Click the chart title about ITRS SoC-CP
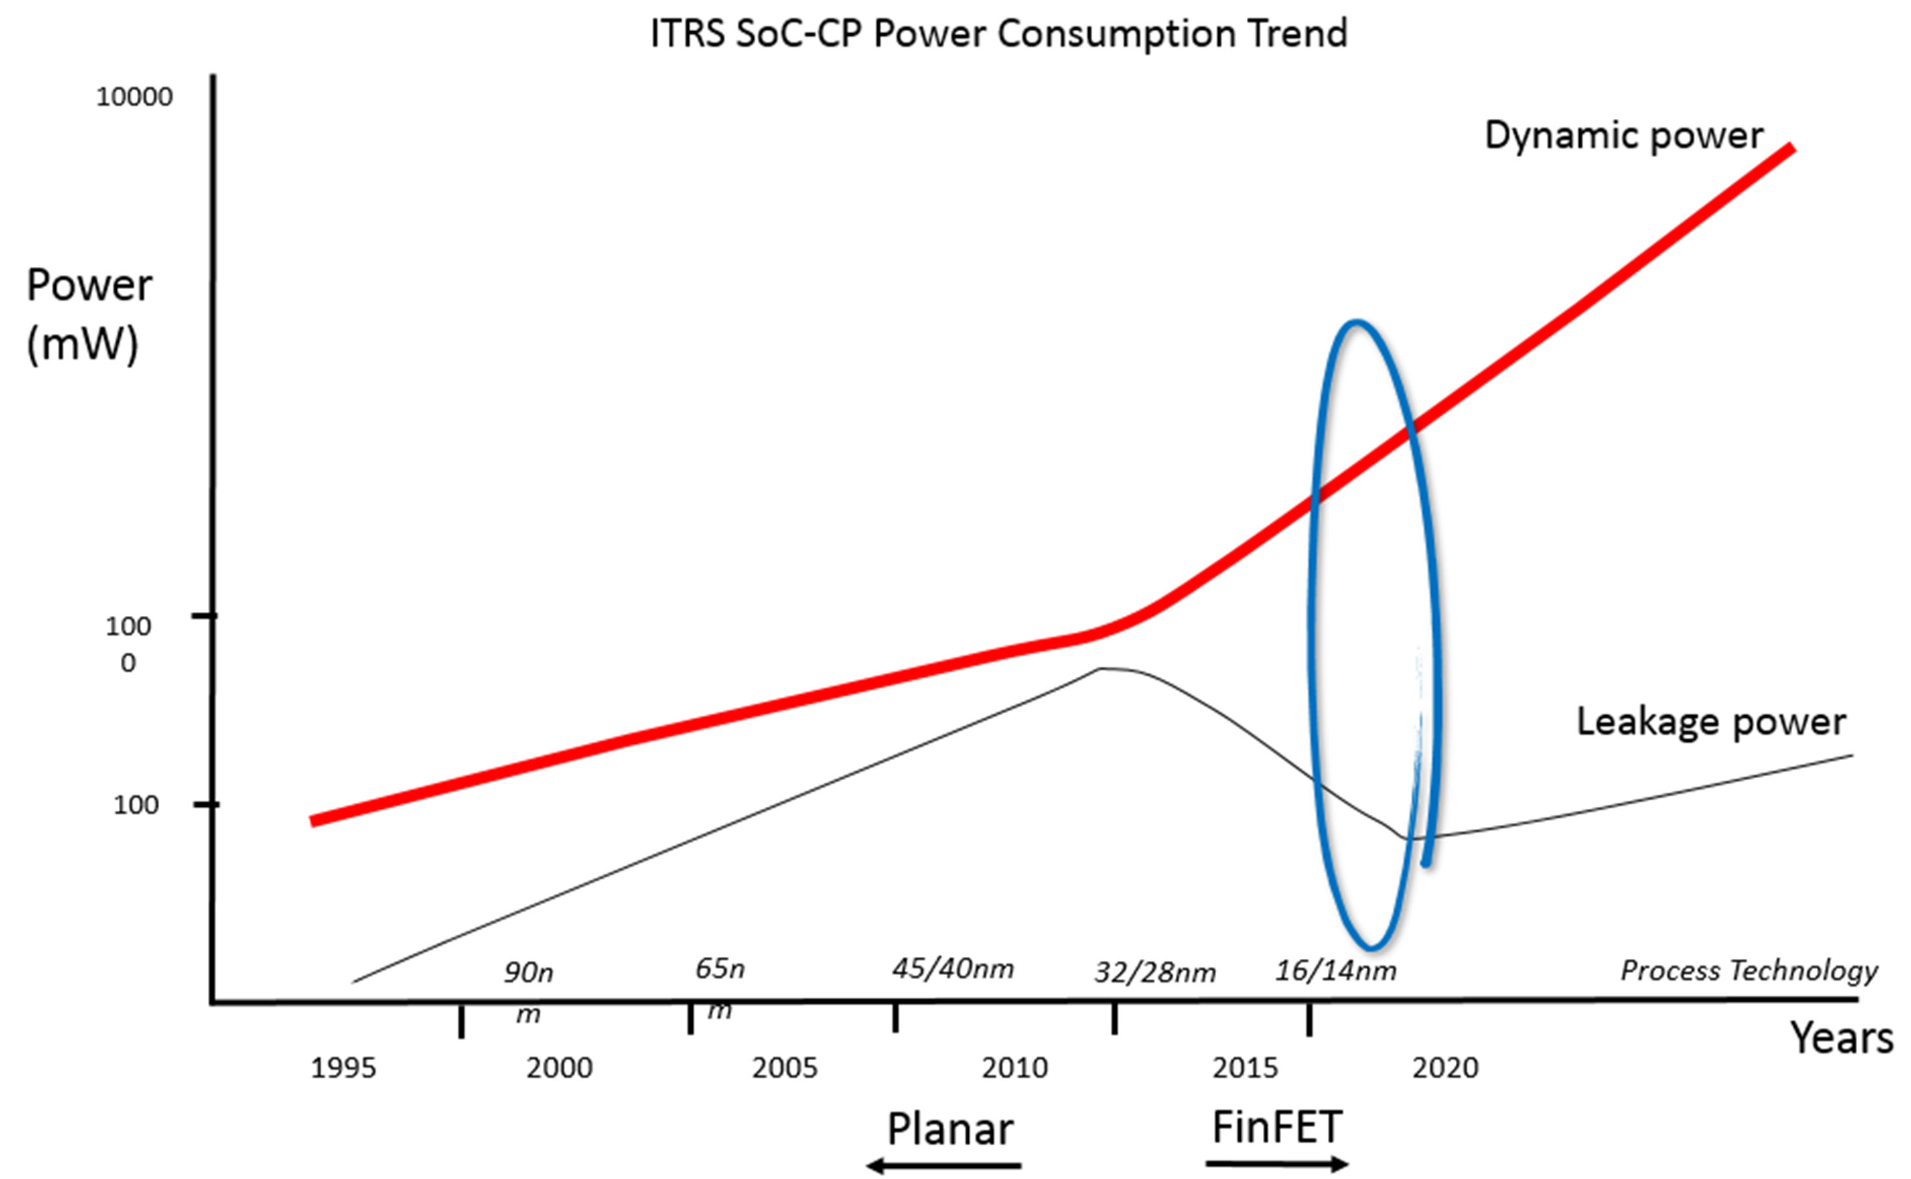pyautogui.click(x=999, y=34)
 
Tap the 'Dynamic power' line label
pyautogui.click(x=1623, y=136)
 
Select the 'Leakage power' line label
pyautogui.click(x=1711, y=722)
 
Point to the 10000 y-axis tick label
pyautogui.click(x=134, y=97)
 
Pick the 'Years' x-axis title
pyautogui.click(x=1841, y=1039)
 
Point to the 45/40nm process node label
pyautogui.click(x=953, y=969)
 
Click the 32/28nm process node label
pyautogui.click(x=1155, y=973)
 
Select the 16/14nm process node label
pyautogui.click(x=1335, y=970)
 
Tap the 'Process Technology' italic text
pyautogui.click(x=1749, y=970)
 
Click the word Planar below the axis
pyautogui.click(x=950, y=1129)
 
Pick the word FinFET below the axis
pyautogui.click(x=1277, y=1128)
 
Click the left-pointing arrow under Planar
pyautogui.click(x=943, y=1167)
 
